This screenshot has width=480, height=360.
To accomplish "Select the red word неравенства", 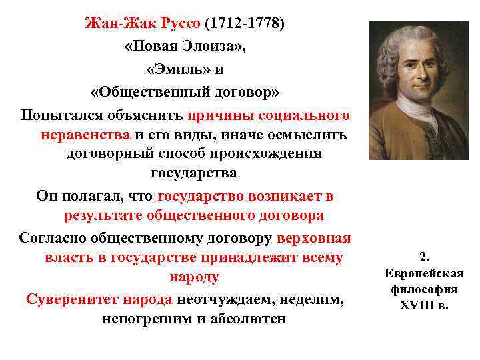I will point(85,134).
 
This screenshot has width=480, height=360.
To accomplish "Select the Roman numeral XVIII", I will point(415,306).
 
